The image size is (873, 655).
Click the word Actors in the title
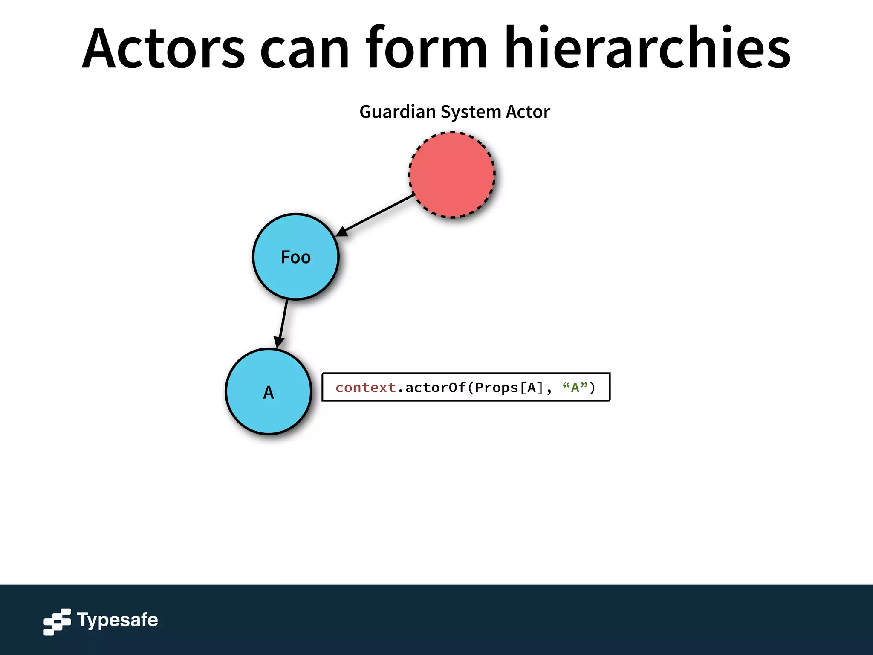(x=163, y=48)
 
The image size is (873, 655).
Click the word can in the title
(x=304, y=51)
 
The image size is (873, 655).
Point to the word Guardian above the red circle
(x=397, y=112)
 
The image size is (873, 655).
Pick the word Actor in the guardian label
(x=528, y=112)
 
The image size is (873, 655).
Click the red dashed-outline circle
(x=452, y=175)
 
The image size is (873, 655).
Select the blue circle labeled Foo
(x=295, y=273)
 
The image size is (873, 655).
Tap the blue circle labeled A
(x=269, y=409)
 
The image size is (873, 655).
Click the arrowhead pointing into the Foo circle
(x=342, y=232)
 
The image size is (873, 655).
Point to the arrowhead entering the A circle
(x=279, y=342)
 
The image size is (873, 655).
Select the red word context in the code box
(x=365, y=388)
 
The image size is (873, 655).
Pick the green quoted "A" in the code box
(x=575, y=387)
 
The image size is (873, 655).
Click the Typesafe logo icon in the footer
(x=57, y=621)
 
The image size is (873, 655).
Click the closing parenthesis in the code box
(x=593, y=388)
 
